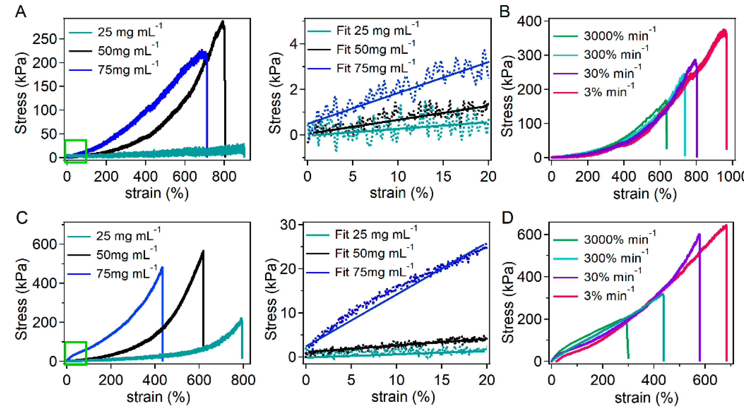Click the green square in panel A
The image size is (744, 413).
point(75,151)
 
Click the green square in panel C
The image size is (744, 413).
point(75,353)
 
